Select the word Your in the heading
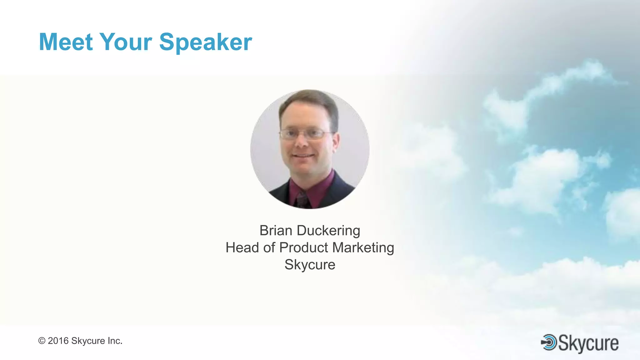pyautogui.click(x=126, y=42)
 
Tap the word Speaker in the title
pyautogui.click(x=205, y=42)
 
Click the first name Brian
pyautogui.click(x=276, y=231)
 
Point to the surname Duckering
pyautogui.click(x=328, y=231)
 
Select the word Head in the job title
pyautogui.click(x=242, y=247)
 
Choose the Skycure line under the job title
pyautogui.click(x=310, y=265)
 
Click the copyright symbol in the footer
pyautogui.click(x=42, y=341)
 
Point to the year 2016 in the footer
pyautogui.click(x=58, y=341)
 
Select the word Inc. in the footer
pyautogui.click(x=115, y=341)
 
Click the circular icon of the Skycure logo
pyautogui.click(x=549, y=342)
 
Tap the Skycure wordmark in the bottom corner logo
pyautogui.click(x=588, y=343)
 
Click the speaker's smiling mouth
pyautogui.click(x=303, y=156)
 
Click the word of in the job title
pyautogui.click(x=269, y=247)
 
